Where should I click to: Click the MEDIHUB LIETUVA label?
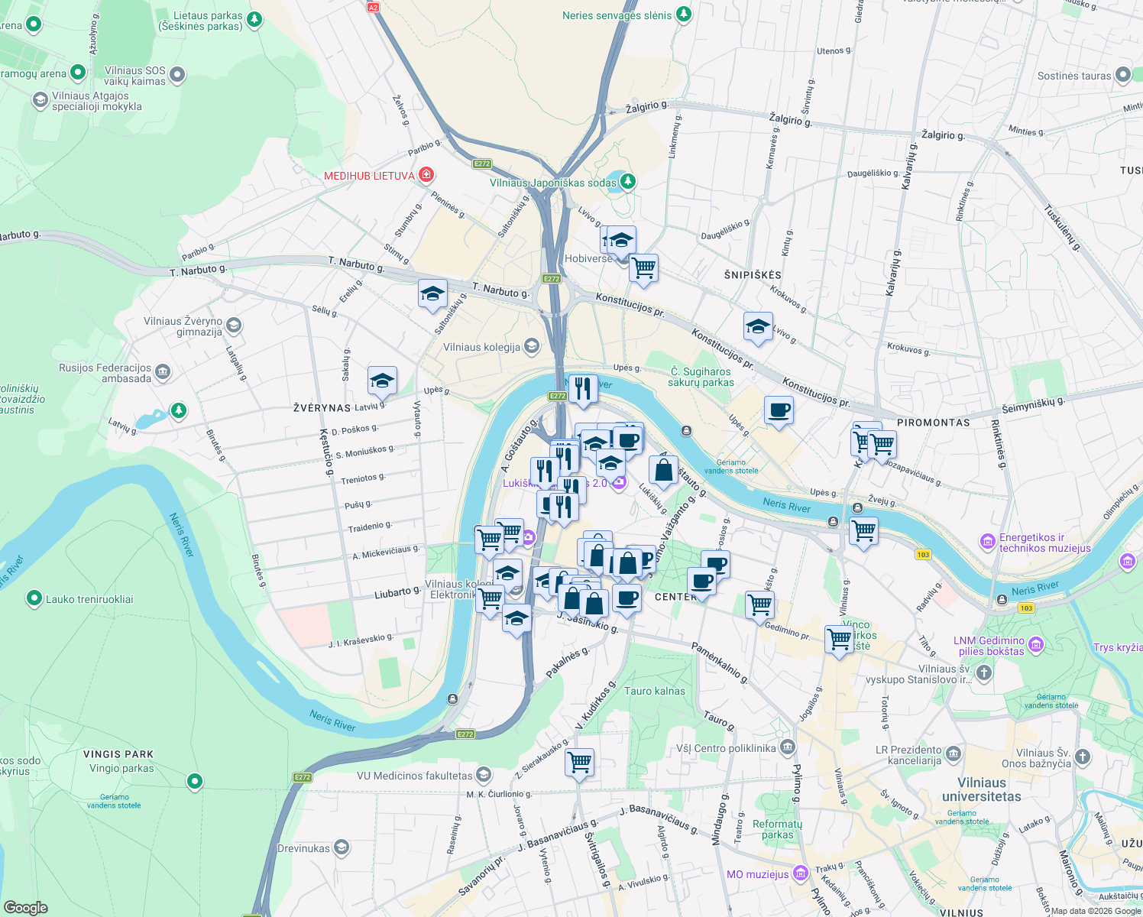369,176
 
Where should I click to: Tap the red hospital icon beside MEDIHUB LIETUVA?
426,175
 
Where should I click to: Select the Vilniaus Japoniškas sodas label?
553,183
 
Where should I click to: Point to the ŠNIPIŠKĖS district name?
753,274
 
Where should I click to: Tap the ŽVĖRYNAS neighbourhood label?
322,408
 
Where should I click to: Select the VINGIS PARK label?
118,754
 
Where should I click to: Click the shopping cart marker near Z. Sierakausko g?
579,762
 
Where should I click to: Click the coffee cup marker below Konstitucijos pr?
779,411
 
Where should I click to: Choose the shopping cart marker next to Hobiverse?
643,268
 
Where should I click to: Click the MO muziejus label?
757,874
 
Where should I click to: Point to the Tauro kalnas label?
655,691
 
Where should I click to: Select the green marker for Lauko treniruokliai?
34,598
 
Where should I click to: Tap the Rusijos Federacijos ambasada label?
105,373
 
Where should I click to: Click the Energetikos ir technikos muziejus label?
1044,543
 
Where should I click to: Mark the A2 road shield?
373,7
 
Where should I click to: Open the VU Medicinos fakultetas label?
415,776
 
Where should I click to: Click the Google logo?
26,907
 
